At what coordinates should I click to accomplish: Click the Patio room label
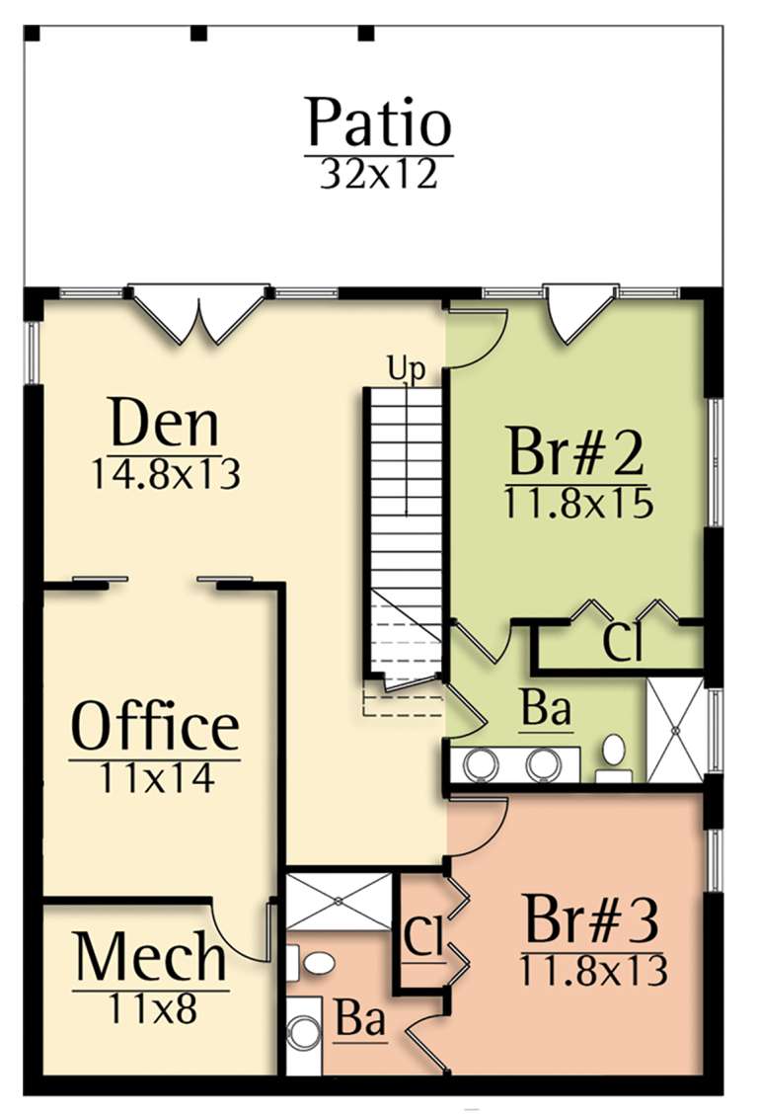[378, 123]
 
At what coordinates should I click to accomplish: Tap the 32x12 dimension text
[378, 174]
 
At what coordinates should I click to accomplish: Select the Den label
[164, 425]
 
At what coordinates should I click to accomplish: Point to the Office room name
[155, 728]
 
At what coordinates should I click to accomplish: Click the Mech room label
[151, 957]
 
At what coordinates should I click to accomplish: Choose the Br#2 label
[576, 453]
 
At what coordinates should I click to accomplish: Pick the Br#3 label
[591, 921]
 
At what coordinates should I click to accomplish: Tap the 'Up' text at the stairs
[406, 369]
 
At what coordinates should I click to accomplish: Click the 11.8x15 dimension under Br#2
[577, 504]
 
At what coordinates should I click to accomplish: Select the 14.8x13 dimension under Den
[165, 475]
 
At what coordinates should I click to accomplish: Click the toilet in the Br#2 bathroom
[614, 754]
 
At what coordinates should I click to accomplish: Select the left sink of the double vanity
[481, 763]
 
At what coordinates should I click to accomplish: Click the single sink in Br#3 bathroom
[303, 1034]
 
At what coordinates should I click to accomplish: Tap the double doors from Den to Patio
[201, 313]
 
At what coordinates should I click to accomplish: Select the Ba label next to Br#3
[359, 1019]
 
